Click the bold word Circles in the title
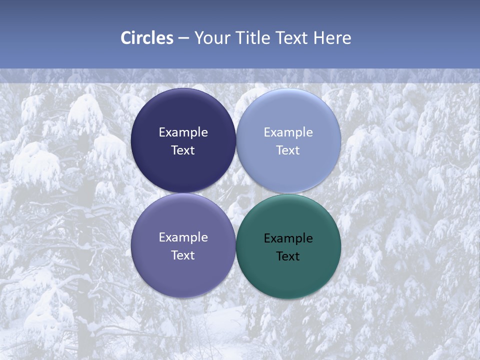(146, 38)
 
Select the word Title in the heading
(253, 38)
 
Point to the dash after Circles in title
(183, 38)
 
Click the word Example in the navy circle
(183, 132)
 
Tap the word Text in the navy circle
(183, 150)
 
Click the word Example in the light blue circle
(288, 132)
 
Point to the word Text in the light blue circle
(288, 150)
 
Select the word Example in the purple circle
(183, 237)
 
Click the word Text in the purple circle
(183, 255)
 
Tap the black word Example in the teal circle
(288, 238)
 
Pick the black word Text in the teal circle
(288, 256)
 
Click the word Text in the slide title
(292, 38)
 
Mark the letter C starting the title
(125, 38)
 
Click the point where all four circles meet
(236, 193)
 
